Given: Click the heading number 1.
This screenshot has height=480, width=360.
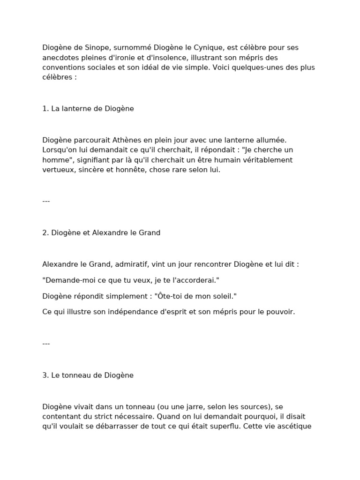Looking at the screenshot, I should (45, 109).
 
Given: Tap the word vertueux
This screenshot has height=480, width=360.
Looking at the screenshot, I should (59, 170).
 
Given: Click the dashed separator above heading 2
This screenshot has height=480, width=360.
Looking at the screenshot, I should (46, 202).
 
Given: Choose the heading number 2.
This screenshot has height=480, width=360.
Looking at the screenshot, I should (45, 233).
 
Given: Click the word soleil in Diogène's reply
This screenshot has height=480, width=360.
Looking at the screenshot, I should (222, 296).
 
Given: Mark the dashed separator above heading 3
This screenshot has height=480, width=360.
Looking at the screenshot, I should (46, 344).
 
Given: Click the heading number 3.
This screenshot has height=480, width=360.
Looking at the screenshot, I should (45, 375).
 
